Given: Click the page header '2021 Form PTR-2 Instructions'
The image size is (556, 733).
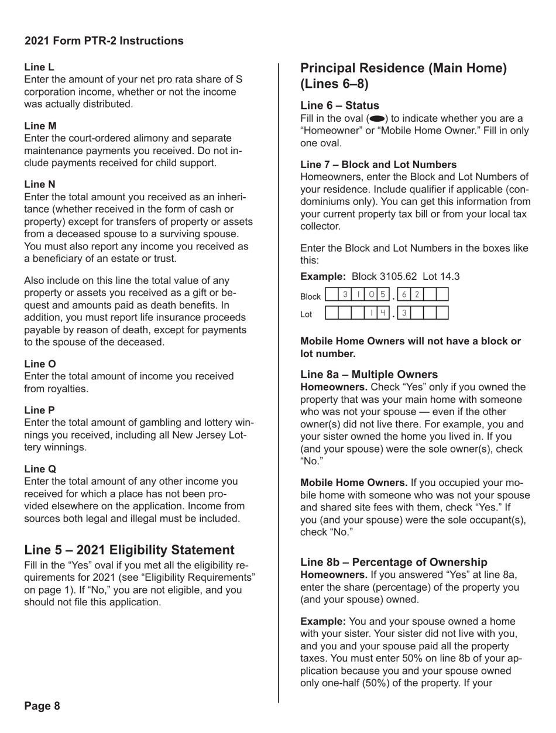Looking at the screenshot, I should pos(103,41).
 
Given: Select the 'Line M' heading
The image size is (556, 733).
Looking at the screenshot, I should pos(40,124).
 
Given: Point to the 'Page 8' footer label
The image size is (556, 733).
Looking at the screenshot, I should pos(42,705).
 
